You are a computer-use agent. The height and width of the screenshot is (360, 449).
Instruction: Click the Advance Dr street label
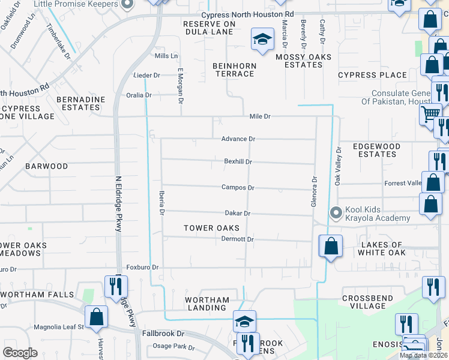tap(238, 139)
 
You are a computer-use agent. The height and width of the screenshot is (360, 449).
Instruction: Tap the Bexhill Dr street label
tap(238, 161)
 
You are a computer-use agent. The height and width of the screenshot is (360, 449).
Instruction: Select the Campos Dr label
tap(238, 187)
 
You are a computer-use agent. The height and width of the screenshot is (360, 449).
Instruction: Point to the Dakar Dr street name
tap(237, 213)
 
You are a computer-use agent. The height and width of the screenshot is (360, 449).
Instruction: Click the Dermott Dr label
tap(238, 239)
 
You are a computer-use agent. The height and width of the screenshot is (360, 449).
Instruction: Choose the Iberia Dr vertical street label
tap(161, 203)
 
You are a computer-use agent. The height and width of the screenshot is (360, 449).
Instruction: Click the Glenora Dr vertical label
tap(313, 191)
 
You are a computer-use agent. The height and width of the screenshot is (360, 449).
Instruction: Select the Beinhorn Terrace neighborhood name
tap(234, 70)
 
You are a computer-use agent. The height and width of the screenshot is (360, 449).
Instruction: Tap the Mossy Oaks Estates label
tap(299, 61)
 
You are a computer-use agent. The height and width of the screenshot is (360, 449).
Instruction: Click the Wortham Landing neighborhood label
tap(207, 304)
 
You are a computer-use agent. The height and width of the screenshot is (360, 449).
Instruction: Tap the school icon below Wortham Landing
tap(245, 321)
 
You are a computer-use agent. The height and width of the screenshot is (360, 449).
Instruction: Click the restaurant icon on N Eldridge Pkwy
tap(114, 287)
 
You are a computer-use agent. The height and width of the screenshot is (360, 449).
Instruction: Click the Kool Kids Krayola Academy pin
tap(336, 212)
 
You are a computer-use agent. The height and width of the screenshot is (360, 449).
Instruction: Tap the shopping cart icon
tap(430, 113)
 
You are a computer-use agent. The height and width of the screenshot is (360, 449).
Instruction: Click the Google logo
tap(20, 353)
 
